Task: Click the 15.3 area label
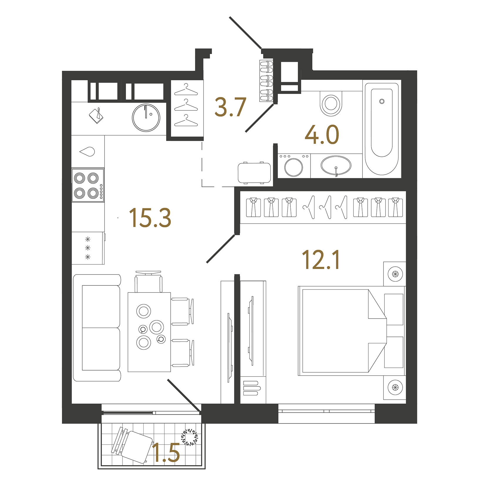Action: (150, 218)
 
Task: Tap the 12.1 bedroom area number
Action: (321, 260)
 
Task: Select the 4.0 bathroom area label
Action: (322, 134)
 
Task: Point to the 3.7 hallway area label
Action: (230, 107)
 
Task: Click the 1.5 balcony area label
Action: (166, 453)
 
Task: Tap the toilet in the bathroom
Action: (331, 103)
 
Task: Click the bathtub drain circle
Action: (382, 101)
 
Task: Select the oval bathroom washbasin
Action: (336, 165)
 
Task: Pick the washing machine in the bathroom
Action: (294, 166)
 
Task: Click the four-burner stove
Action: (88, 185)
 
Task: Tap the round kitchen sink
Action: (146, 118)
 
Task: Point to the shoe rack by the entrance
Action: (266, 81)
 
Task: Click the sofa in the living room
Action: (97, 328)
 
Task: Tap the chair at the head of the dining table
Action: (148, 281)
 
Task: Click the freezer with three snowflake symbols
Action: (88, 248)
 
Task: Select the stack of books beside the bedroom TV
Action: (251, 388)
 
